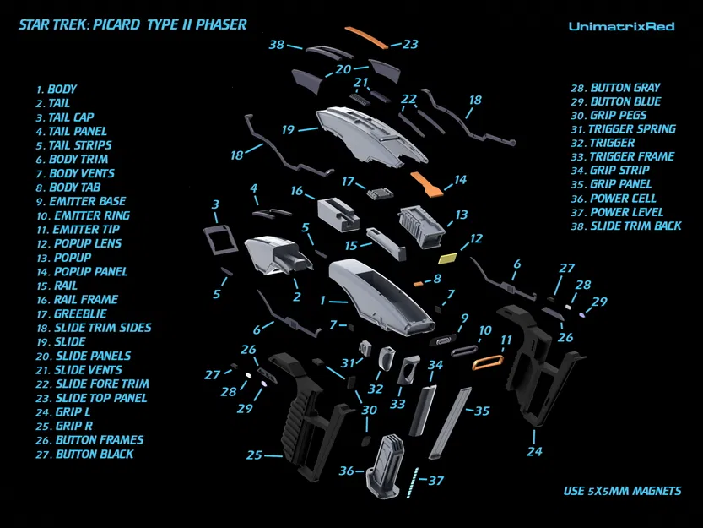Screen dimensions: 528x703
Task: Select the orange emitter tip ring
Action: tap(489, 363)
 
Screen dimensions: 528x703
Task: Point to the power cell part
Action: tap(386, 465)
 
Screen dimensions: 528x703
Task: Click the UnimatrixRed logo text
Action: tap(621, 26)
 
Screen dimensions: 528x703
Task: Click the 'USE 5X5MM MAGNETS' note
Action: tap(622, 491)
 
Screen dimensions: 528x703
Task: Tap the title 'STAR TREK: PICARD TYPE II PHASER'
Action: tap(132, 24)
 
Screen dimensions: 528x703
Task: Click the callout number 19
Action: tap(288, 130)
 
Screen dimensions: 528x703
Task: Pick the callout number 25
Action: tap(254, 455)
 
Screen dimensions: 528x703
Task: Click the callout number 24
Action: tap(533, 451)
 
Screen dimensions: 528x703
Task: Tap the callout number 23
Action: tap(410, 44)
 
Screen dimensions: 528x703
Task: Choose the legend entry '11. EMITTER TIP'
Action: tap(78, 229)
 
